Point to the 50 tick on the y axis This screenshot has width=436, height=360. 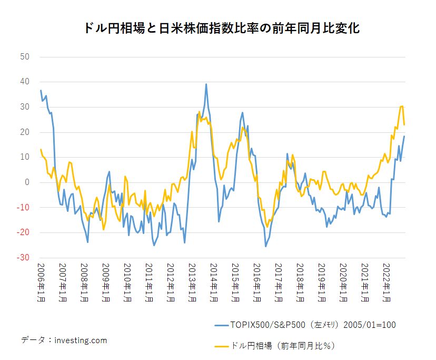(x=25, y=56)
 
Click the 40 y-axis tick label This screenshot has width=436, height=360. (x=25, y=82)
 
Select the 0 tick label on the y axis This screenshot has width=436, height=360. (x=27, y=182)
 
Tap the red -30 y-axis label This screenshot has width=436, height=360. (x=24, y=258)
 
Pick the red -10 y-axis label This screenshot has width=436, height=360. (x=24, y=208)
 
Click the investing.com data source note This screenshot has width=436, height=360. (x=64, y=340)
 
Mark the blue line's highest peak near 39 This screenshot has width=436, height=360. (x=206, y=84)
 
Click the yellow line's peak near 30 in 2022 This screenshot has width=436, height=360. (x=402, y=106)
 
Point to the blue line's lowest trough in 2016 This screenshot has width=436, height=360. (x=265, y=246)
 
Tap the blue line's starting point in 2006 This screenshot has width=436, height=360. (x=41, y=91)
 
